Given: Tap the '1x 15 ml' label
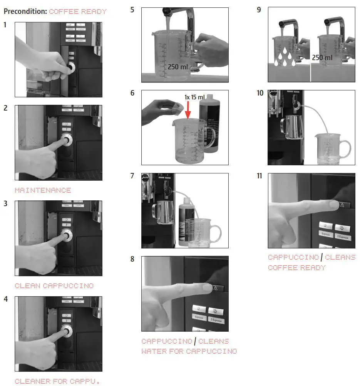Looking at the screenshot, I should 194,97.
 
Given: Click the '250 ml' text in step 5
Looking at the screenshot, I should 177,67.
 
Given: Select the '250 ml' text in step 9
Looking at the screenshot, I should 322,57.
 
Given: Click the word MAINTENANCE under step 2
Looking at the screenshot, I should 43,190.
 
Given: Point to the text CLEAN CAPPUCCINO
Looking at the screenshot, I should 54,286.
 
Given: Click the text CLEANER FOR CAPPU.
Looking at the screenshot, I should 57,381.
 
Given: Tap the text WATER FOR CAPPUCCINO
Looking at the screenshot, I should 189,351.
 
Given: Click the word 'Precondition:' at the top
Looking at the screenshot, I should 25,12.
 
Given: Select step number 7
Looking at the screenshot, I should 132,176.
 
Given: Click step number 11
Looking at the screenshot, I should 260,176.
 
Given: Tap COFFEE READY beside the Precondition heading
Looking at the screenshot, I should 78,12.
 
